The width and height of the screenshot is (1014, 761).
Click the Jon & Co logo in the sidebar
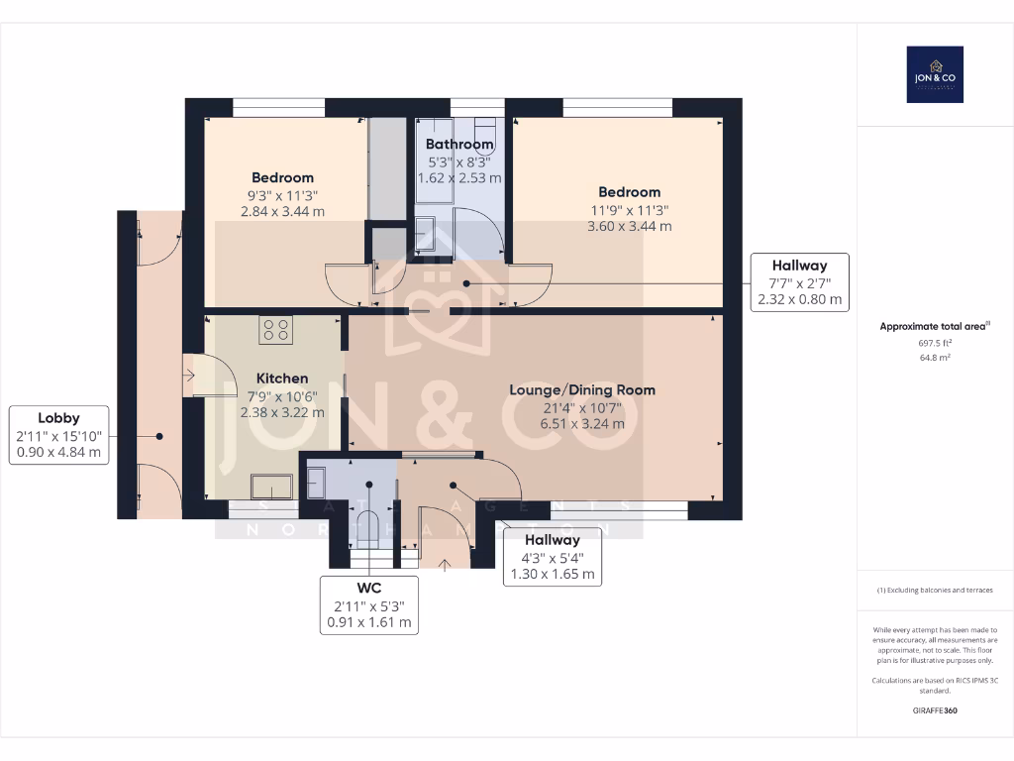pos(935,74)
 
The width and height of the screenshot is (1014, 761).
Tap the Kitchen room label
pos(282,379)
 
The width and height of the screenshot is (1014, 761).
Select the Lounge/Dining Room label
pos(582,389)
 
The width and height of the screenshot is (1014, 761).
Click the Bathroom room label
pos(459,145)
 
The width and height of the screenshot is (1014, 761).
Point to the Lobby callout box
pos(58,435)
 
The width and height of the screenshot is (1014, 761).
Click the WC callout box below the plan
pos(368,604)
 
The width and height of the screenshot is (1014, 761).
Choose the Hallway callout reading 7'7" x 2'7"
pos(800,282)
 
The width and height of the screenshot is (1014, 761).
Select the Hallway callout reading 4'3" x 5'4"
pos(552,557)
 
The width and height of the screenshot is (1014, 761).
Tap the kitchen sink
pos(271,486)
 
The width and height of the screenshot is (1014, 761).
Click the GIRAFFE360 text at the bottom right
pos(935,710)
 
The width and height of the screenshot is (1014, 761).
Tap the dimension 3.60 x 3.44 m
pos(629,226)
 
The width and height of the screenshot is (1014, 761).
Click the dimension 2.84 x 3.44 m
pos(282,211)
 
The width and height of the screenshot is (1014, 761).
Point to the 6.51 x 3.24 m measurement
pos(582,423)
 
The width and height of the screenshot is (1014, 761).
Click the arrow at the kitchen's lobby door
pos(189,375)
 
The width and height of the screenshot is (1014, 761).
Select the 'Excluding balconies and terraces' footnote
pos(935,590)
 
